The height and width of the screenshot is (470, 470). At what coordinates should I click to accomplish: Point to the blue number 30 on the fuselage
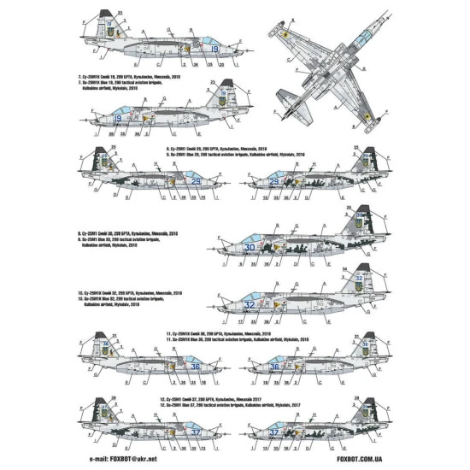250,247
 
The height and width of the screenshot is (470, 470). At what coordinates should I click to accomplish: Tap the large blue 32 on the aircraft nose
248,303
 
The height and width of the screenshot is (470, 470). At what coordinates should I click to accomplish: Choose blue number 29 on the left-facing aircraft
274,181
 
